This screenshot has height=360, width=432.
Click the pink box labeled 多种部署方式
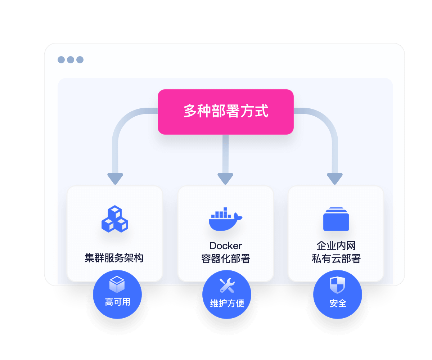[226, 112]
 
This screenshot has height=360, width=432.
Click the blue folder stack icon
[336, 219]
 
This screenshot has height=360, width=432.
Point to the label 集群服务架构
[114, 258]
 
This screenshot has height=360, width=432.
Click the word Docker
[226, 246]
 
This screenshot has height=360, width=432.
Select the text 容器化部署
[226, 259]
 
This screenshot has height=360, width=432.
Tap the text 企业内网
[336, 246]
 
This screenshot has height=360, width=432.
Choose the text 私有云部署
[336, 259]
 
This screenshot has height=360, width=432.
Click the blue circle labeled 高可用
[117, 294]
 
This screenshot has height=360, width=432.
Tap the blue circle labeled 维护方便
[227, 294]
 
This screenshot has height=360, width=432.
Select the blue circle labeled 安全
[338, 294]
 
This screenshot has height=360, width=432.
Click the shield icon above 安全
[338, 285]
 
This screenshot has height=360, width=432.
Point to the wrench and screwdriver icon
[227, 285]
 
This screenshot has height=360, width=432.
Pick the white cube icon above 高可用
[117, 284]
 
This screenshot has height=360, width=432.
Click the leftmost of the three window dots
[61, 60]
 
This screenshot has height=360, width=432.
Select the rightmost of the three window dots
[80, 60]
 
